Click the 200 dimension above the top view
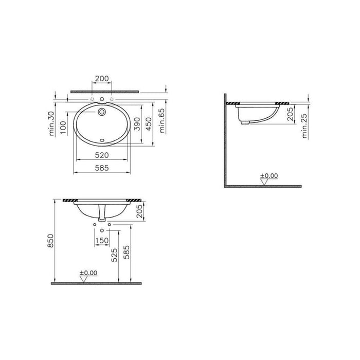102,79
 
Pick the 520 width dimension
102,155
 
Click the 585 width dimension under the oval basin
102,168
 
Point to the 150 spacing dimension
102,239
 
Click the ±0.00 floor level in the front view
88,272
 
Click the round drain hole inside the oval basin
102,111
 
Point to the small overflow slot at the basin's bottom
102,138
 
